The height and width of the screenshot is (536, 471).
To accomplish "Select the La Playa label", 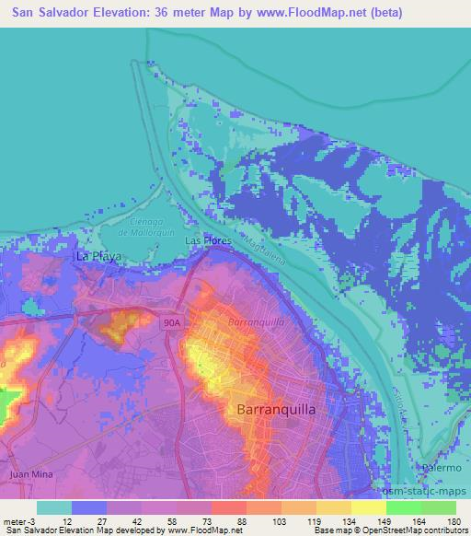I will pyautogui.click(x=98, y=256).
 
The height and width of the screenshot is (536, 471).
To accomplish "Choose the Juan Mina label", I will pyautogui.click(x=29, y=473).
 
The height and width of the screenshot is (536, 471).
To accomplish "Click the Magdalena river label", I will pyautogui.click(x=266, y=251).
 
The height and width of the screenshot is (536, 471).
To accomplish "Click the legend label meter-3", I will pyautogui.click(x=17, y=522).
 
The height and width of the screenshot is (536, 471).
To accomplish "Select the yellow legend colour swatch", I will pyautogui.click(x=368, y=507).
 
